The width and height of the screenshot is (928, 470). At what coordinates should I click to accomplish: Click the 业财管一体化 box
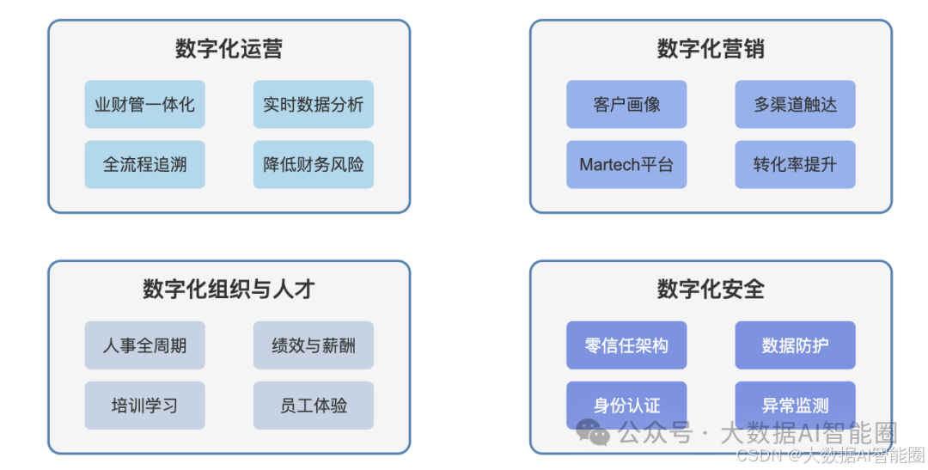(144, 105)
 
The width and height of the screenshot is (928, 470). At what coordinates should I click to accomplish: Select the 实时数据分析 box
(314, 105)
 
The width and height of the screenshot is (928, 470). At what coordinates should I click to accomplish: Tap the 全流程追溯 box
(144, 164)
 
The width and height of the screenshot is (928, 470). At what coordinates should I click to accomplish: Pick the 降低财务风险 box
(314, 164)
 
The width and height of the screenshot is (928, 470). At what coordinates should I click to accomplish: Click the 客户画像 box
(626, 105)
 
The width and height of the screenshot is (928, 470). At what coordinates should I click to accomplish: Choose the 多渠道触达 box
(795, 105)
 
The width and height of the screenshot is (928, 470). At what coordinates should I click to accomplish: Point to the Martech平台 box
(626, 164)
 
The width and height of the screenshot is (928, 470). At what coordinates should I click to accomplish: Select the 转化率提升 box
(795, 164)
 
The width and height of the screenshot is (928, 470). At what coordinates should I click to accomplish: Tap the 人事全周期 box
(144, 345)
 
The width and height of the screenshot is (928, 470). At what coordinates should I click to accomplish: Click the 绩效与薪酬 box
(314, 345)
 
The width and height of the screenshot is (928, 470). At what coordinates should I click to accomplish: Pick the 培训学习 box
(144, 405)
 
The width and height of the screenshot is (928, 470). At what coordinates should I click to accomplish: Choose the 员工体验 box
(314, 405)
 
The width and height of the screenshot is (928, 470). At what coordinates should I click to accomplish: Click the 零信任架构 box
(626, 345)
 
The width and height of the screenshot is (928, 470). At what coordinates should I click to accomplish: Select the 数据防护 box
(795, 345)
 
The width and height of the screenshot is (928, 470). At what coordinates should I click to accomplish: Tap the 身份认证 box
(626, 405)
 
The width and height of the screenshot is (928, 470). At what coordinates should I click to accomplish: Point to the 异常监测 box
(795, 405)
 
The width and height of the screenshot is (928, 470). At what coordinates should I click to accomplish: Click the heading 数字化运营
(229, 49)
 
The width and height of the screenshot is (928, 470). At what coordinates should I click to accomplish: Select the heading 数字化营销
(711, 49)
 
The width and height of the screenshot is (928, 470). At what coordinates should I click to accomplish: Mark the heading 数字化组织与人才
(229, 290)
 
